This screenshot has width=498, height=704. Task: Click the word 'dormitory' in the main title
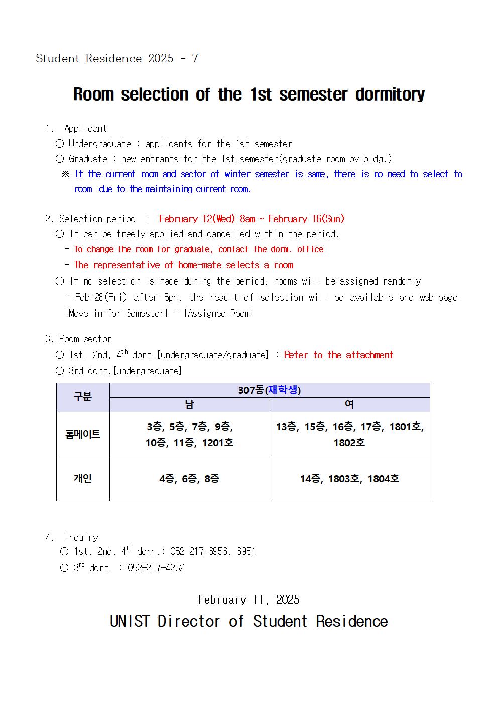[x=390, y=94]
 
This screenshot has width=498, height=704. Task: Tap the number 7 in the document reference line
[x=195, y=58]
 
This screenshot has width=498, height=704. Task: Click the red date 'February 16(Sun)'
[x=306, y=219]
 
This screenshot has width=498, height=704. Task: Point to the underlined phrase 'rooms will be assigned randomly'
[x=347, y=281]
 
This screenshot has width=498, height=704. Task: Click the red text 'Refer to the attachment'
[x=338, y=355]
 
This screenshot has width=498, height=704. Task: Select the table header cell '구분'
[x=83, y=397]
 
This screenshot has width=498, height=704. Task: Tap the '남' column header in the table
[x=189, y=405]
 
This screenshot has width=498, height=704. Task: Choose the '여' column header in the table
[x=349, y=405]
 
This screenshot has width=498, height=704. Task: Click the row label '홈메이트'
[x=83, y=435]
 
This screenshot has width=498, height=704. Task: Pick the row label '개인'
[x=83, y=478]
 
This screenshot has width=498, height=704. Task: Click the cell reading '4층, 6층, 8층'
[x=189, y=479]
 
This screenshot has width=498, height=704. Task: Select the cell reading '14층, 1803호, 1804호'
[x=349, y=479]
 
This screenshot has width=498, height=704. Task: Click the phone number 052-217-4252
[x=156, y=568]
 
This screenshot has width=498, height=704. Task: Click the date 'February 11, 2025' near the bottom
[x=248, y=600]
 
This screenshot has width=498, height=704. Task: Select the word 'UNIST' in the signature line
[x=130, y=621]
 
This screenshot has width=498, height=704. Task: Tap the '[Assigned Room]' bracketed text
[x=218, y=313]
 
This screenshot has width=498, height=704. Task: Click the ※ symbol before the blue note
[x=65, y=174]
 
